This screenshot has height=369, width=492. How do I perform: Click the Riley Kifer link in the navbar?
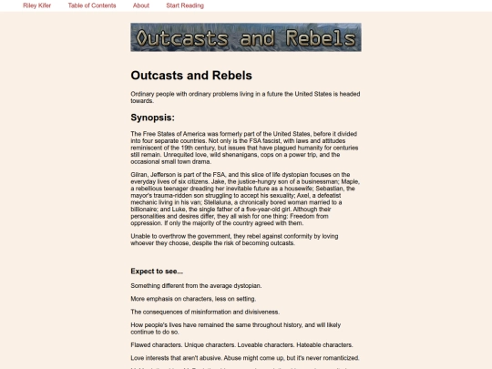36,5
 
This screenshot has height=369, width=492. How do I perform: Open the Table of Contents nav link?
91,5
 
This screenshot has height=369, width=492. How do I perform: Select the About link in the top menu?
141,5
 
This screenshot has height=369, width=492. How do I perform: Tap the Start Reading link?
185,5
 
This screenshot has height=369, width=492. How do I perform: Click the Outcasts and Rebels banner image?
245,37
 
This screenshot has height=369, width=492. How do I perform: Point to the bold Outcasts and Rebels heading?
191,75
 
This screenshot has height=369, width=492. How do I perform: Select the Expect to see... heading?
157,271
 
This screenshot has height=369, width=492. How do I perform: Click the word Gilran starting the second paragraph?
140,173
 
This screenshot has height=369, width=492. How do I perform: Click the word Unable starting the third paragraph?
142,234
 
